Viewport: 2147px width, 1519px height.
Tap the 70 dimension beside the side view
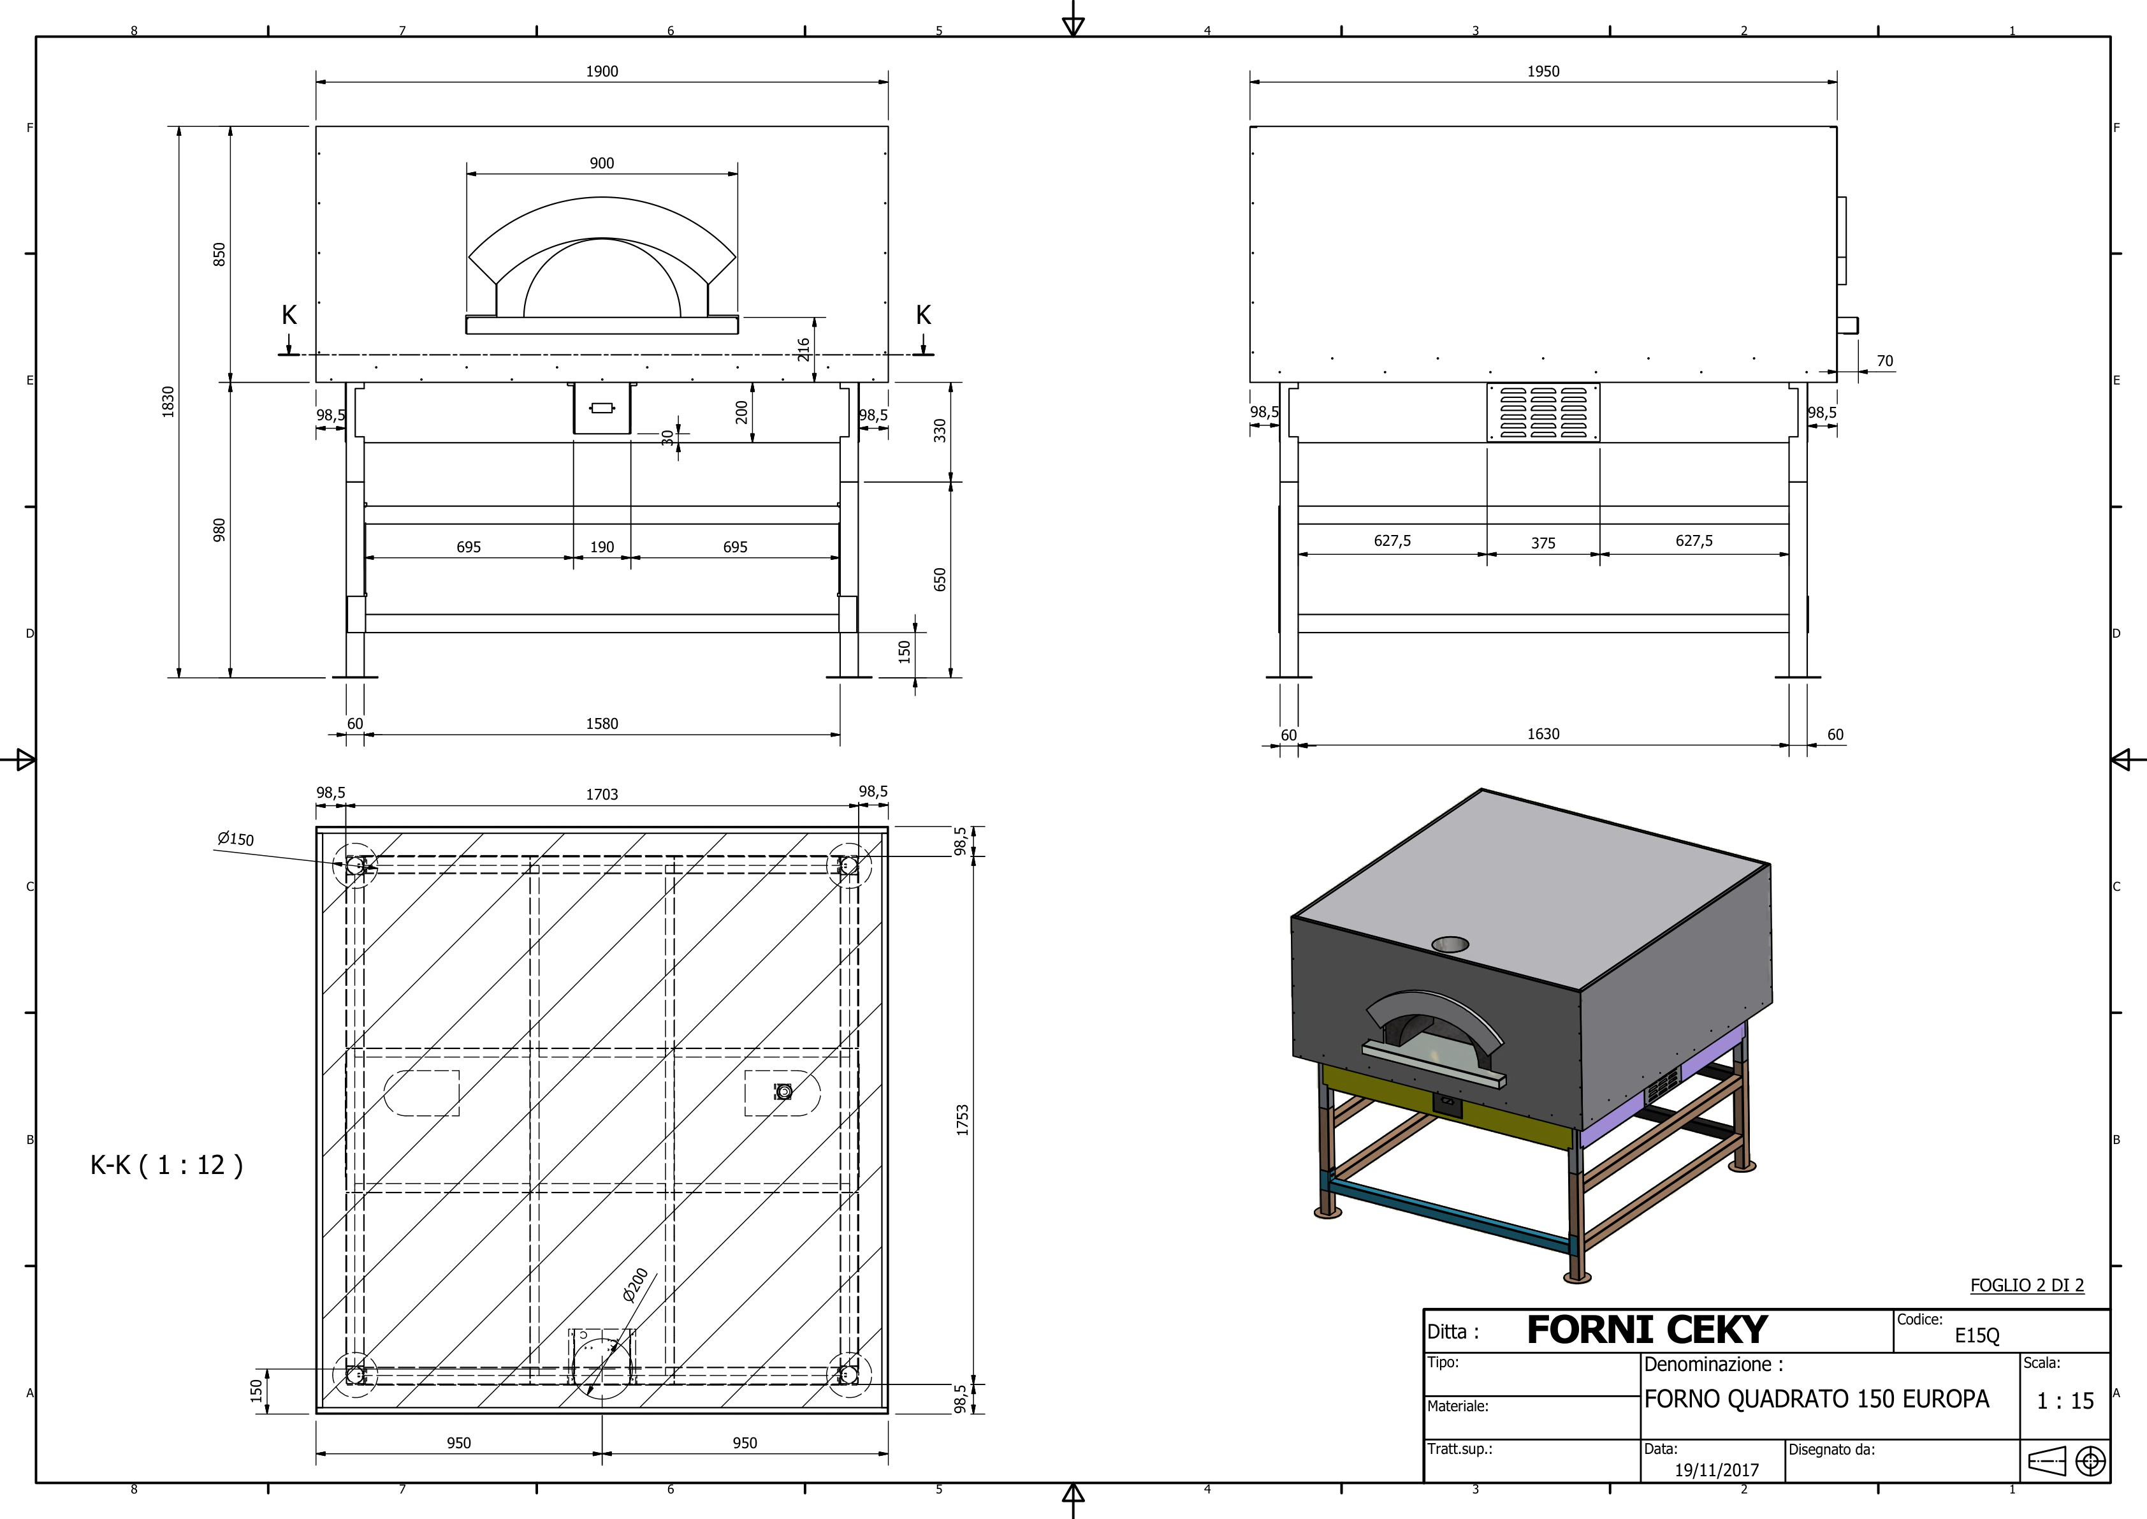(x=1884, y=360)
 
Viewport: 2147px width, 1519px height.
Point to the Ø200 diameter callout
(x=635, y=1285)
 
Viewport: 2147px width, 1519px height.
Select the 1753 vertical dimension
(x=962, y=1120)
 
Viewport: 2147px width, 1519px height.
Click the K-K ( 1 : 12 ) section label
(x=166, y=1164)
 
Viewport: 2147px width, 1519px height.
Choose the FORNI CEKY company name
(x=1646, y=1329)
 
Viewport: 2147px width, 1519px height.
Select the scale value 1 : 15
(x=2065, y=1400)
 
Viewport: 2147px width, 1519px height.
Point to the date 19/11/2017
(x=1716, y=1469)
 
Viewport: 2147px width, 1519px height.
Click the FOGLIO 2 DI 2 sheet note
(x=2027, y=1285)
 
